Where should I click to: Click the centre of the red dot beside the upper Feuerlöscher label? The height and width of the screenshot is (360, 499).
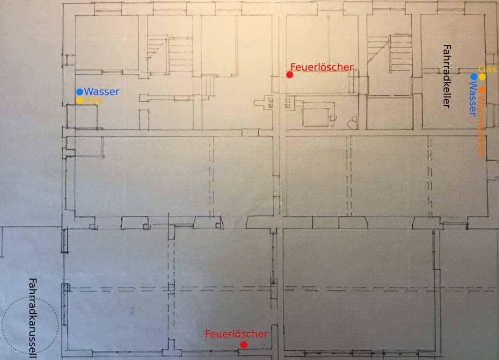click(x=289, y=75)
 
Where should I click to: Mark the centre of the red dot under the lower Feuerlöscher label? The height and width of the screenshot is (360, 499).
click(x=244, y=345)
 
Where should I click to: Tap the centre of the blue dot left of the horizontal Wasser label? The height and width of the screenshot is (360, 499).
click(x=79, y=92)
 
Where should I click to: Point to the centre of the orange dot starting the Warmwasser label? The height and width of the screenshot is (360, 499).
click(x=482, y=90)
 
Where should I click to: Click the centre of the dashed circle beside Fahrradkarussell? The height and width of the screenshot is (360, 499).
click(x=30, y=325)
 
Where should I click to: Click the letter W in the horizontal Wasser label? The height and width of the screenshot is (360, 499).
click(x=89, y=92)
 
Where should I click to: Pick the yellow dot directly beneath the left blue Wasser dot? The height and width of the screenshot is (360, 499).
click(x=79, y=100)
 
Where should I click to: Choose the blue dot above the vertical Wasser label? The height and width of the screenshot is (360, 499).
click(x=474, y=76)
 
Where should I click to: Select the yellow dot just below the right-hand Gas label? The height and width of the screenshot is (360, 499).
click(x=482, y=76)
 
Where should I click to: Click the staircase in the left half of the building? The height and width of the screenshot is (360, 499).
click(x=170, y=54)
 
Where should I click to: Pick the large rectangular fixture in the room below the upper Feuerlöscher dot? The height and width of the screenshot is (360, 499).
click(x=316, y=117)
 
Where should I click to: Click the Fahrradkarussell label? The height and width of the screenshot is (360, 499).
click(x=33, y=318)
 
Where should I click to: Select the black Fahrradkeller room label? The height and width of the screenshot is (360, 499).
click(x=447, y=76)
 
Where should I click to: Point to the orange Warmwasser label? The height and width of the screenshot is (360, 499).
click(x=481, y=126)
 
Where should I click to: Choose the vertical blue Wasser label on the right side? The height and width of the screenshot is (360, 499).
click(x=473, y=98)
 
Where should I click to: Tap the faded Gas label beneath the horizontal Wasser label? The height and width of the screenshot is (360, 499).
click(x=94, y=100)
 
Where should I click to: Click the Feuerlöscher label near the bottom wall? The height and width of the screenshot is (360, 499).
click(x=236, y=334)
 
